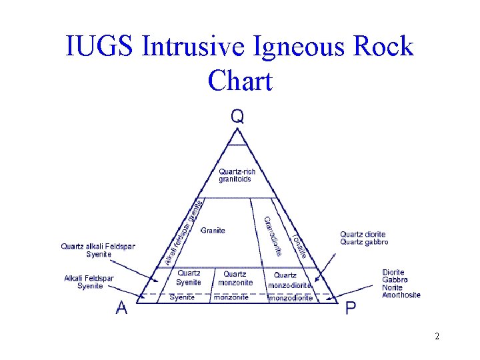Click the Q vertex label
pyautogui.click(x=237, y=117)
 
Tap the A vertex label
pyautogui.click(x=122, y=308)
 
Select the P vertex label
pyautogui.click(x=351, y=308)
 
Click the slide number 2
pyautogui.click(x=437, y=336)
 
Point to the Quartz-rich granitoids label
pyautogui.click(x=237, y=176)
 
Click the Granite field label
pyautogui.click(x=213, y=231)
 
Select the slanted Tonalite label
pyautogui.click(x=299, y=246)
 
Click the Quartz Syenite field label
pyautogui.click(x=189, y=278)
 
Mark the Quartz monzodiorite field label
pyautogui.click(x=289, y=280)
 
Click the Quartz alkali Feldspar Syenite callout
pyautogui.click(x=98, y=250)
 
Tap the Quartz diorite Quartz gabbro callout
pyautogui.click(x=364, y=238)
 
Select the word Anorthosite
pyautogui.click(x=401, y=295)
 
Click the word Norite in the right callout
pyautogui.click(x=392, y=287)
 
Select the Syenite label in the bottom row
pyautogui.click(x=182, y=297)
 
